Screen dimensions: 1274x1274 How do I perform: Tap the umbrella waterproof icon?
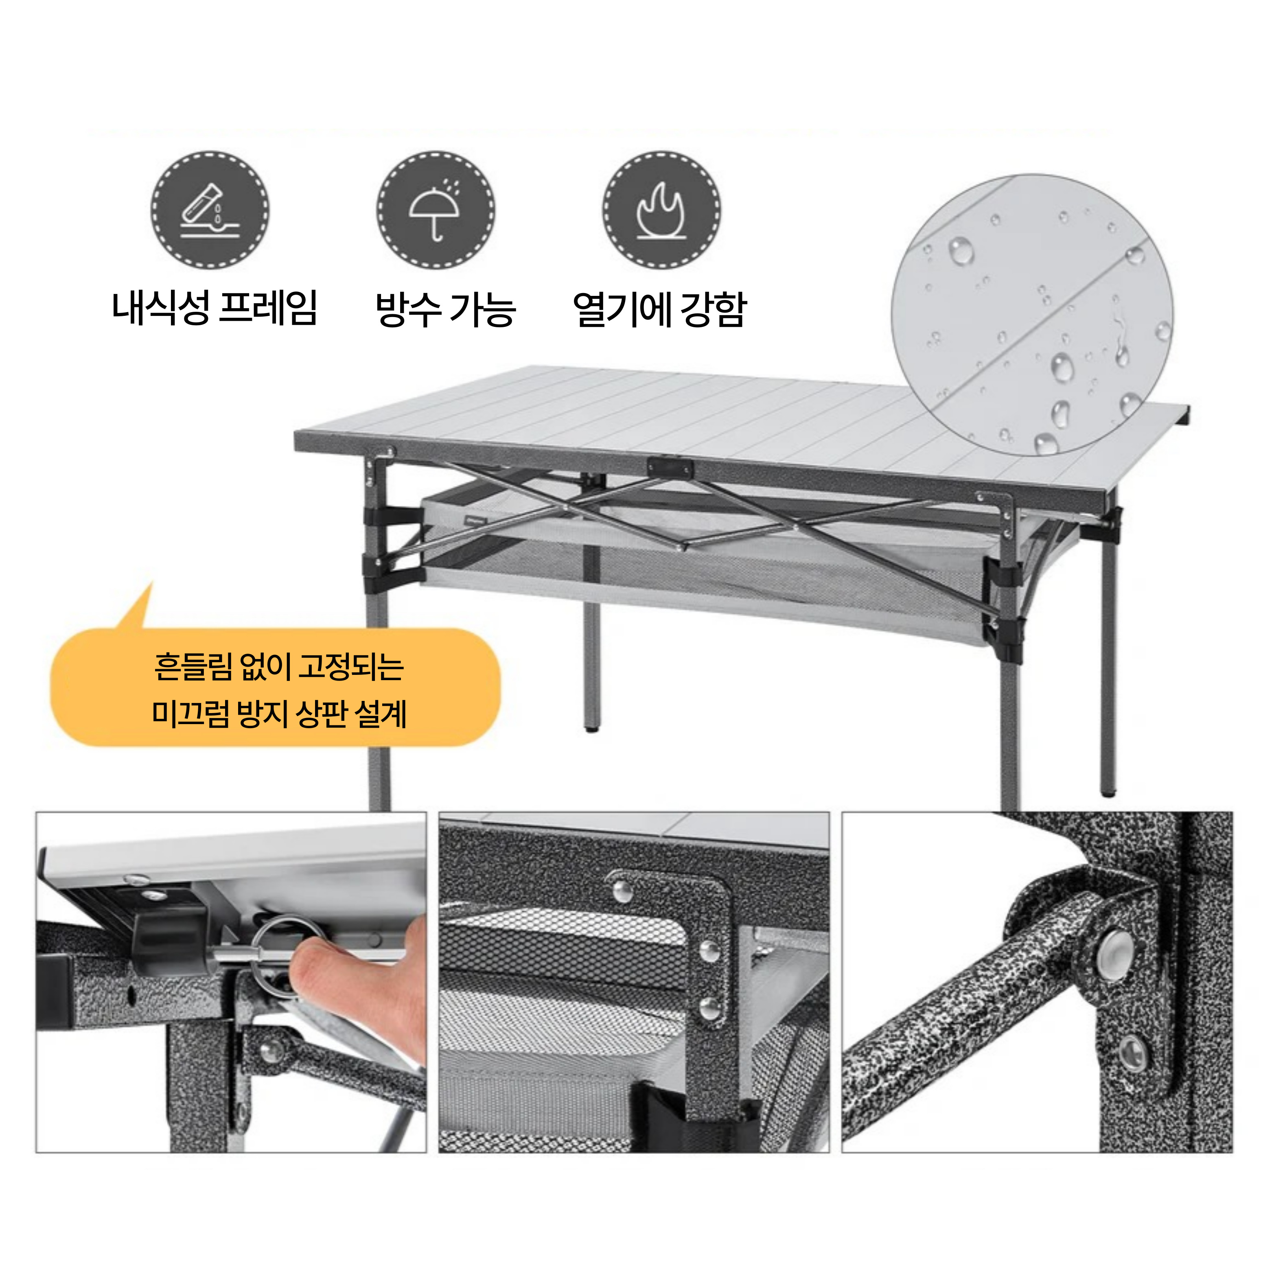click(x=436, y=209)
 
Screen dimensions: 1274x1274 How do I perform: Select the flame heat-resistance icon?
click(x=661, y=209)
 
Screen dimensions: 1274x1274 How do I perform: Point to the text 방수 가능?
click(x=445, y=308)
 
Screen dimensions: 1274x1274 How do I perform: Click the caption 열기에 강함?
click(x=659, y=308)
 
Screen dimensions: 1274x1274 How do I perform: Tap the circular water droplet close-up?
click(x=1033, y=315)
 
